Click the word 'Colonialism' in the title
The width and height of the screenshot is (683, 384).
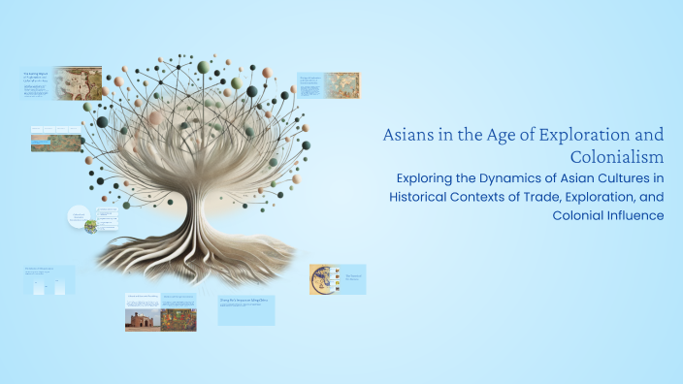tap(617, 156)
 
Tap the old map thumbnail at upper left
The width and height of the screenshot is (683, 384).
tap(77, 82)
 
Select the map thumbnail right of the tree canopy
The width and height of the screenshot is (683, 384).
tap(341, 84)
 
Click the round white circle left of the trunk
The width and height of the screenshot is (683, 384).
tap(80, 216)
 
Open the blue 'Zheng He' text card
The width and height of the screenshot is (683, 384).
tap(246, 310)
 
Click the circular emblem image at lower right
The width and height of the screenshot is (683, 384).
tap(323, 279)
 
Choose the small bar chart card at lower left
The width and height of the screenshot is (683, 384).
tap(49, 281)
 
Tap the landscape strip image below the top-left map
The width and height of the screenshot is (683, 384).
tap(56, 144)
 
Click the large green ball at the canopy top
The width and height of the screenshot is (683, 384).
tap(204, 67)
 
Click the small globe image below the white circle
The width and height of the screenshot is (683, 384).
tap(90, 227)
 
